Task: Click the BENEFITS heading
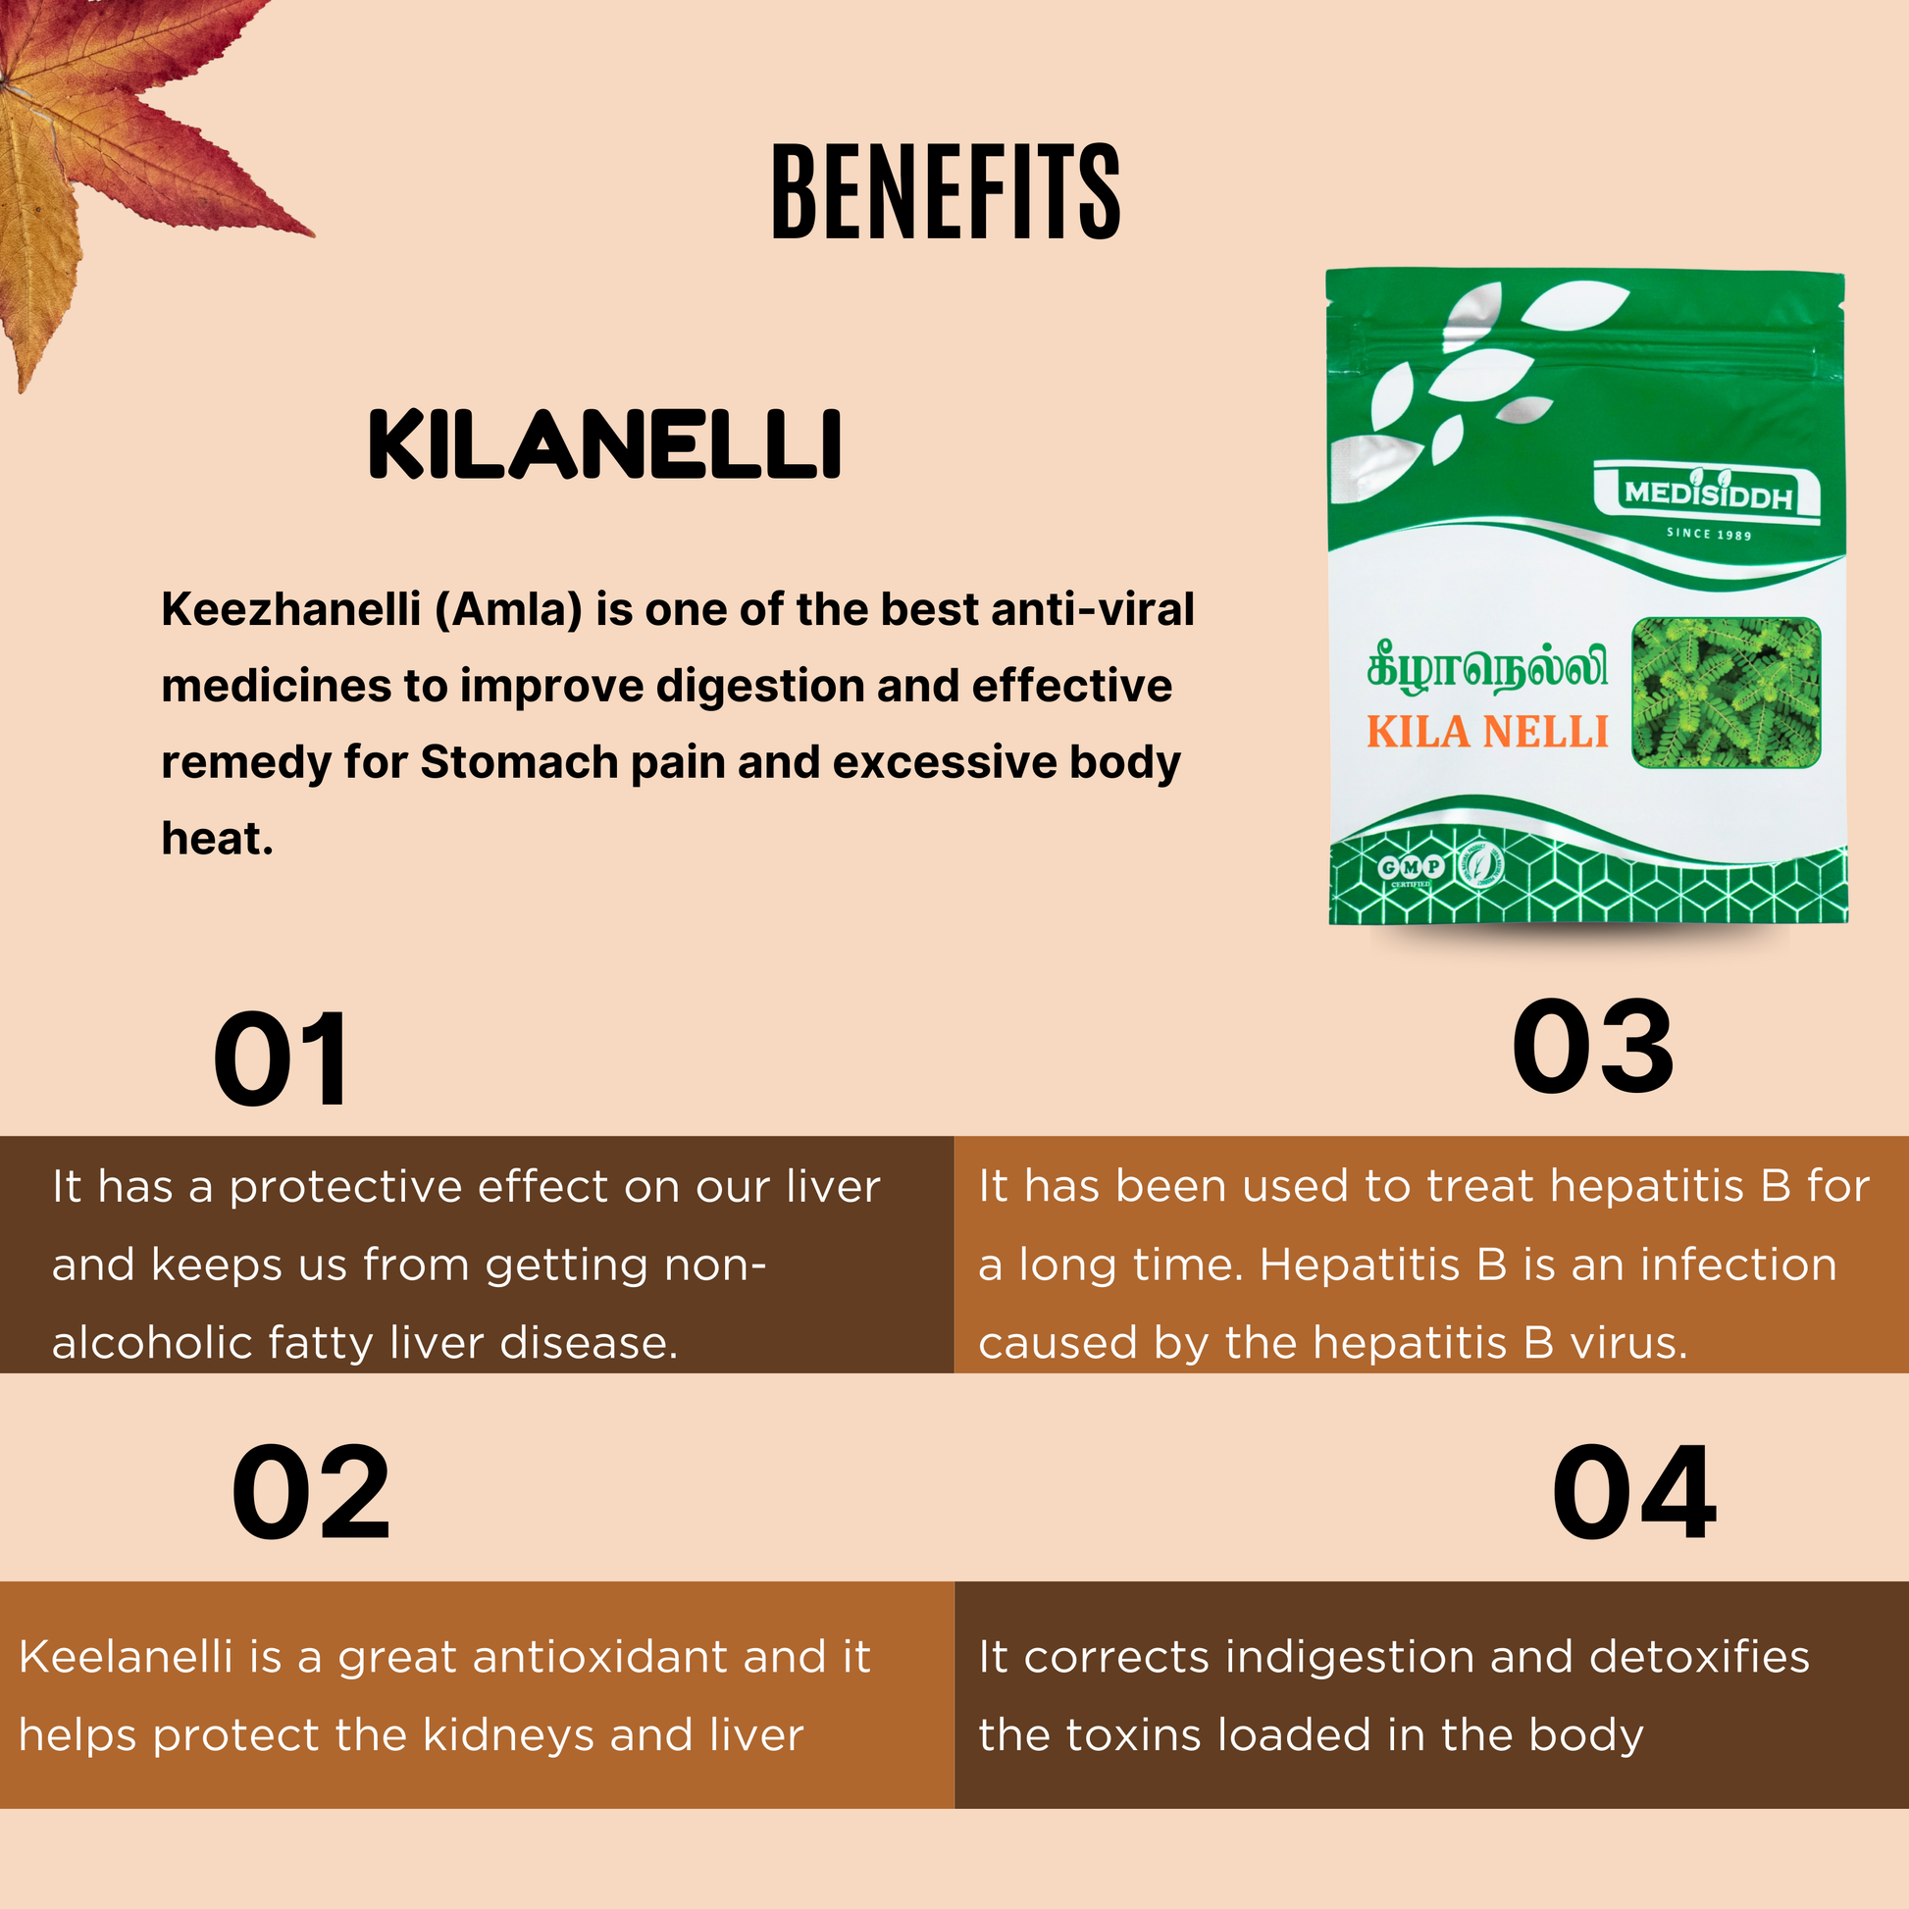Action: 946,191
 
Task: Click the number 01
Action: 282,1060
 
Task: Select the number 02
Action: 310,1493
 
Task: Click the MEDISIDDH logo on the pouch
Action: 1708,493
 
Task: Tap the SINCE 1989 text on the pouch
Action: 1709,535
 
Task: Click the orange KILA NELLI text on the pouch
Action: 1488,733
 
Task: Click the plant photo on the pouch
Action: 1726,693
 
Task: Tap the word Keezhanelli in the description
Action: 291,609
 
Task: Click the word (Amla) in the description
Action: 509,609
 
